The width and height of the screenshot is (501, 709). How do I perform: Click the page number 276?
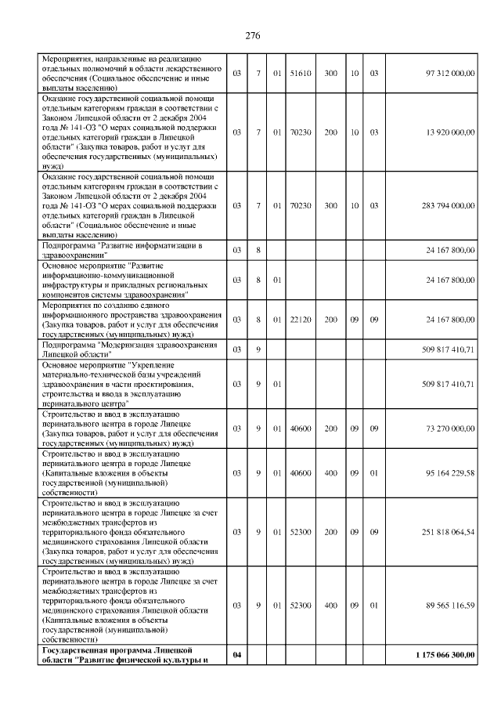tap(251, 36)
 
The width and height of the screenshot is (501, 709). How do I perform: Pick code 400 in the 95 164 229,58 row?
tap(331, 473)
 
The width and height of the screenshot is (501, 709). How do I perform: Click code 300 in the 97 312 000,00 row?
tap(331, 74)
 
